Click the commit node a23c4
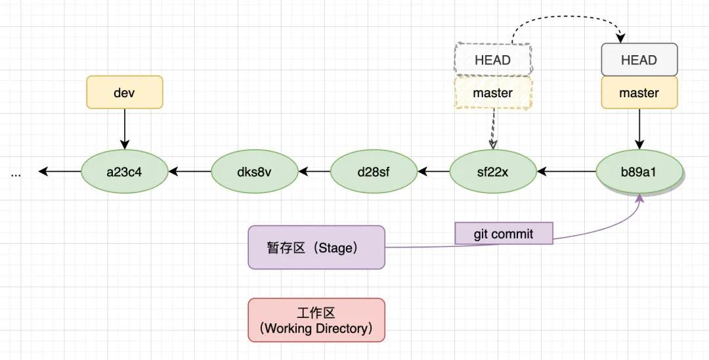pos(124,172)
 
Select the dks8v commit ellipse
pos(254,172)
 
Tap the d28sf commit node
pos(374,172)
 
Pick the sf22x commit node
pos(492,172)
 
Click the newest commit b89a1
pos(639,172)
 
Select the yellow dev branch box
pos(124,93)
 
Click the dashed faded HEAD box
pos(492,60)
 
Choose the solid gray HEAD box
pos(639,60)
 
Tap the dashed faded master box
pos(492,93)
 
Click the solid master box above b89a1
pos(639,93)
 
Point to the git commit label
pos(504,233)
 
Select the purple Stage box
pos(316,248)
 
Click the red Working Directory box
pos(316,320)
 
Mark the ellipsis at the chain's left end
pos(16,173)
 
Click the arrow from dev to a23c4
pos(124,129)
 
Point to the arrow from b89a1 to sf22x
pos(566,172)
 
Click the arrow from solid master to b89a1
pos(639,129)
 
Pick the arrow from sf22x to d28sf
pos(433,172)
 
